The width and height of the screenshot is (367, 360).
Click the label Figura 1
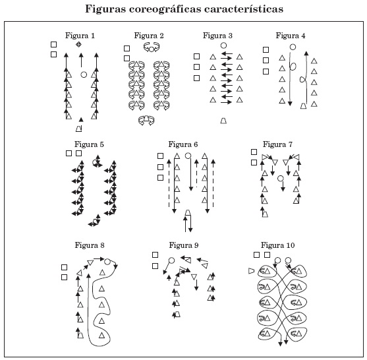click(x=80, y=36)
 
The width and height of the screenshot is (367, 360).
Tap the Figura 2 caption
click(x=149, y=36)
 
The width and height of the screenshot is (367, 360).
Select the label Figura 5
click(x=89, y=144)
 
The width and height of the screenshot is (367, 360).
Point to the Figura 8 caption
click(x=90, y=245)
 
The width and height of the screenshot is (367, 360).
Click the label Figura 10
click(x=278, y=245)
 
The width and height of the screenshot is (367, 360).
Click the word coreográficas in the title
click(x=165, y=9)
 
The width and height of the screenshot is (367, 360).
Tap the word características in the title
click(x=244, y=9)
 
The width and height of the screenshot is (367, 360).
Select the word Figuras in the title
click(x=105, y=9)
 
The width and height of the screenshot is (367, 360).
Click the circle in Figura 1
click(x=84, y=75)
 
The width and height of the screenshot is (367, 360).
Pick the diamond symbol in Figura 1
click(x=78, y=44)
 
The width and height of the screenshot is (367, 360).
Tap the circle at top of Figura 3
click(x=223, y=45)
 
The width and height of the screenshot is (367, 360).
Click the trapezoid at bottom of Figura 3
click(x=223, y=121)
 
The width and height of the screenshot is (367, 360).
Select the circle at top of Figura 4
click(x=293, y=47)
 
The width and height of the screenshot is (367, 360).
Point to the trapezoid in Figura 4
click(x=303, y=106)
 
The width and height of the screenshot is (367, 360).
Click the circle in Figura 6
click(x=188, y=156)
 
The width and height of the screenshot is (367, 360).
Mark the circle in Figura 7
click(x=281, y=179)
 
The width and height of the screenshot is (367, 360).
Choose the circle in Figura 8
click(x=107, y=262)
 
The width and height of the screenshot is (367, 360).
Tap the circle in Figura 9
click(x=171, y=260)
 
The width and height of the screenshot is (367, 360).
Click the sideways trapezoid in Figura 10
click(x=251, y=271)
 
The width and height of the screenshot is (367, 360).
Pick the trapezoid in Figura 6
click(x=188, y=213)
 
